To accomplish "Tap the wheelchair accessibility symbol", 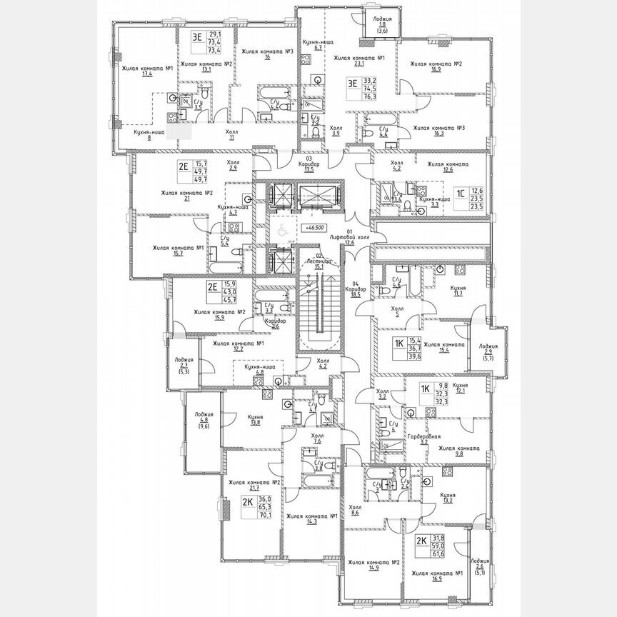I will tap(281, 229).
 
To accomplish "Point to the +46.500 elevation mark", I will tap(312, 226).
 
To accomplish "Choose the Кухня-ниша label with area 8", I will tap(149, 135).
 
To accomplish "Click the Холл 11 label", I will tap(231, 135).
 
